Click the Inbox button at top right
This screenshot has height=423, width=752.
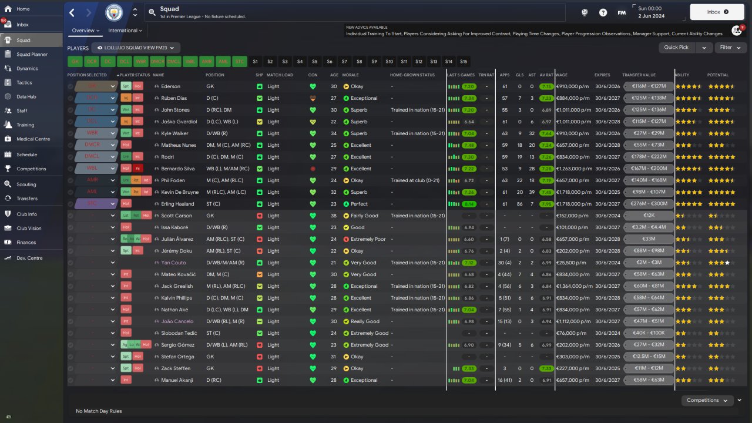click(x=717, y=12)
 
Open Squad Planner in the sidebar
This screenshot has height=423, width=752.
click(x=32, y=54)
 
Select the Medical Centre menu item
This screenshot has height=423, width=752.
click(x=33, y=139)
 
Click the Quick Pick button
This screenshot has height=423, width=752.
click(x=676, y=48)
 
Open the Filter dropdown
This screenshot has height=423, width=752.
click(x=730, y=48)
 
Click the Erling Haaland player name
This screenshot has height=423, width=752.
click(x=177, y=204)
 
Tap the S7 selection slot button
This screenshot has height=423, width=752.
click(x=344, y=61)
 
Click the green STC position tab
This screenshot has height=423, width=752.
click(x=239, y=61)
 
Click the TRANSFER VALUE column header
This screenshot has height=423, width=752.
click(x=639, y=75)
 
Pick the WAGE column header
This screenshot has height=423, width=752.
click(x=561, y=75)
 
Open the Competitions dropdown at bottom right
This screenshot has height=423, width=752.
click(x=707, y=400)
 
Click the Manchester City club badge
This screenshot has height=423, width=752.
click(x=114, y=12)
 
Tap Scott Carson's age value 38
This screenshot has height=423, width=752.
click(x=334, y=216)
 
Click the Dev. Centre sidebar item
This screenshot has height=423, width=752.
click(x=29, y=258)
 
